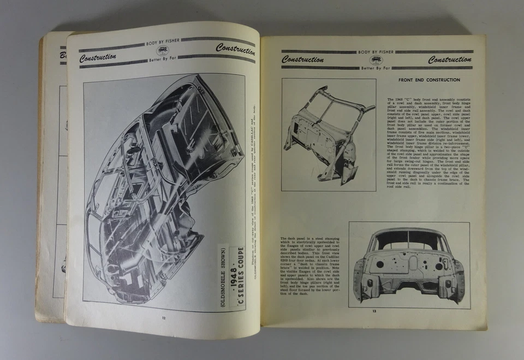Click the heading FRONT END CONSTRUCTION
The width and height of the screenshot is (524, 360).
(429, 80)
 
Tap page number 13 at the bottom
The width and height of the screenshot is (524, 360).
(374, 311)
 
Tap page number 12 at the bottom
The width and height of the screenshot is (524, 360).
(163, 317)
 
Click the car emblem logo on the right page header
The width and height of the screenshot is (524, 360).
(376, 60)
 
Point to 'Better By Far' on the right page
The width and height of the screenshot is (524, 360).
(376, 68)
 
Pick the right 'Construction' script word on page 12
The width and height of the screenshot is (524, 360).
(235, 49)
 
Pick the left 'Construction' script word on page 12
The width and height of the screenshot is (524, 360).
(98, 57)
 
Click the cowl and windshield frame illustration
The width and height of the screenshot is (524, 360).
(329, 134)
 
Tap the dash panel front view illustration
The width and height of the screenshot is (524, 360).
(409, 265)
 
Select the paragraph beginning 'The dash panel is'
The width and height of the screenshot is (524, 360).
(311, 266)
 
